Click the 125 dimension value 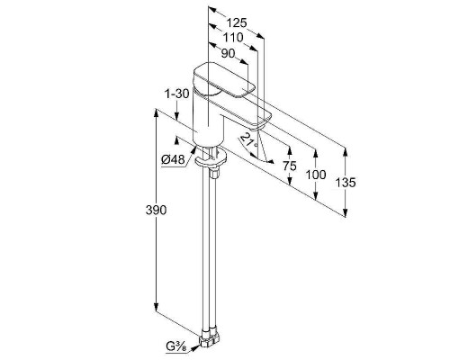click(237, 22)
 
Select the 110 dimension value click(233, 38)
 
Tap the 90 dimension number click(228, 53)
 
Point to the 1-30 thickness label click(177, 94)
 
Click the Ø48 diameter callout click(174, 159)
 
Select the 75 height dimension click(290, 166)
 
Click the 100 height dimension click(316, 175)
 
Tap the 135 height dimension click(346, 182)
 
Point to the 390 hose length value click(156, 211)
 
